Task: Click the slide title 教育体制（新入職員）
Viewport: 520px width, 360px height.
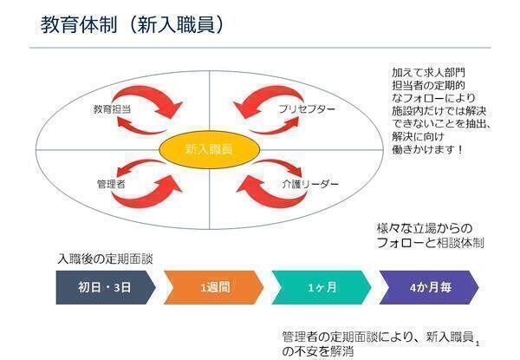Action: pos(134,25)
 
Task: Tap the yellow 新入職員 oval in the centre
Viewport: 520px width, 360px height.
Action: pos(208,149)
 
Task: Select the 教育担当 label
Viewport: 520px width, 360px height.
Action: pos(112,110)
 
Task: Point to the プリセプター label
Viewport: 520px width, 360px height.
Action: pos(306,110)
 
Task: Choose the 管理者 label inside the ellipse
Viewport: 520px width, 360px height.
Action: pos(112,184)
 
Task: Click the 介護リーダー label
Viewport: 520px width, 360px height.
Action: pos(309,185)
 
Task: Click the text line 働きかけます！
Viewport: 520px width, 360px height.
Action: pos(427,149)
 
